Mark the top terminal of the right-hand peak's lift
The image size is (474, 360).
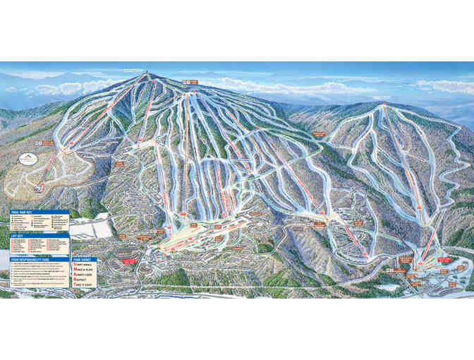pyautogui.click(x=384, y=106)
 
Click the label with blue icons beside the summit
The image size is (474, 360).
pyautogui.click(x=192, y=83)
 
